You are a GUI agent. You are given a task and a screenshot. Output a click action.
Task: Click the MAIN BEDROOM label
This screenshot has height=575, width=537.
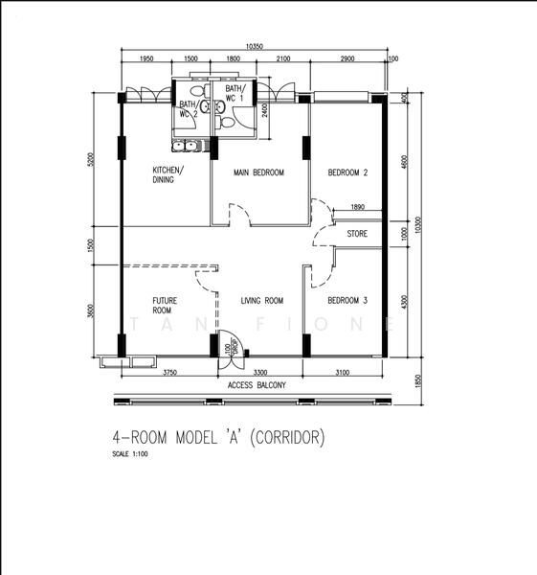click(260, 173)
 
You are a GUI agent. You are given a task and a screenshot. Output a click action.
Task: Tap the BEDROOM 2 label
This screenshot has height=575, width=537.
click(348, 173)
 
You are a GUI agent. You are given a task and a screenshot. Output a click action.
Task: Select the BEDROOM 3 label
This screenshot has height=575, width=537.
click(347, 301)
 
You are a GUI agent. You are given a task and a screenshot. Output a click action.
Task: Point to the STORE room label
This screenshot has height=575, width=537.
click(357, 233)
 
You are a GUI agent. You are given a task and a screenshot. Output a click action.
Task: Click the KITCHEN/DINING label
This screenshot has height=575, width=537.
click(168, 174)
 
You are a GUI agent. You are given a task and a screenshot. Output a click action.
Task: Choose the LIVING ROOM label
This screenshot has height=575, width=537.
click(261, 301)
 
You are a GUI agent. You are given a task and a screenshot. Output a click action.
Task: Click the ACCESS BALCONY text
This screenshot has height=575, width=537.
click(257, 385)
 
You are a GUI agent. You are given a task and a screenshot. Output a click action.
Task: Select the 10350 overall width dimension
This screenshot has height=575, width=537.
click(255, 47)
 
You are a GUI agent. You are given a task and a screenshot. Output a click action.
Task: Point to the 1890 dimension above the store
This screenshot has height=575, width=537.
click(357, 207)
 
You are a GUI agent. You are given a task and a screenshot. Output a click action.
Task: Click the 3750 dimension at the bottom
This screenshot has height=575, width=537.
click(170, 372)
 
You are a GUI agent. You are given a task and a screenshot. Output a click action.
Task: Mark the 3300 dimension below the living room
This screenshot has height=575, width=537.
click(258, 372)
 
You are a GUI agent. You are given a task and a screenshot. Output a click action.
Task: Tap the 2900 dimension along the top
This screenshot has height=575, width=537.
click(347, 59)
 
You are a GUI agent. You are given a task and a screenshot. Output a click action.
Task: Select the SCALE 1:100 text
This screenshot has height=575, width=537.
click(130, 454)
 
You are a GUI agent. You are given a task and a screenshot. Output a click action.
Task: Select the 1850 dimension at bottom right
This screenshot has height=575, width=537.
click(418, 379)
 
